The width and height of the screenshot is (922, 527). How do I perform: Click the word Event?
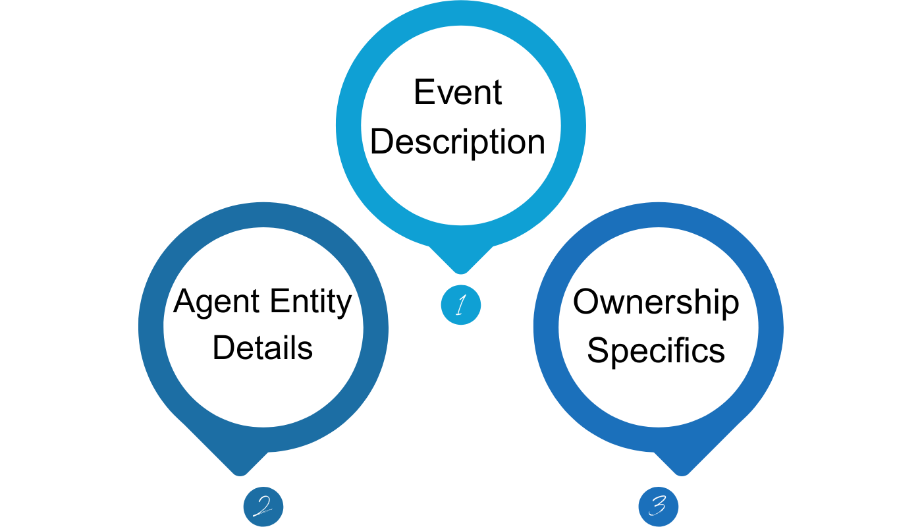pos(458,92)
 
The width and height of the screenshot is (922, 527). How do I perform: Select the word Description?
pos(458,142)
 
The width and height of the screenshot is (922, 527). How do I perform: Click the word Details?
pos(263,348)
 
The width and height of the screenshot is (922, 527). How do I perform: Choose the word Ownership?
pos(656,303)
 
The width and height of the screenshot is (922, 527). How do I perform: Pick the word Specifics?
pos(656,351)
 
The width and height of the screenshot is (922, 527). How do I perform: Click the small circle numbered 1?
pos(461,305)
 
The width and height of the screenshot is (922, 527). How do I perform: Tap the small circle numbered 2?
pos(263,506)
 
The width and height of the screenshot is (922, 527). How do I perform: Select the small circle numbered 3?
pos(658,506)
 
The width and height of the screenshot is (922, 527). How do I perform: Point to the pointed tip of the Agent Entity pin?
pos(240,472)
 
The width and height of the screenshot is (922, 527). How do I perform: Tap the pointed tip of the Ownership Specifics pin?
pos(682,472)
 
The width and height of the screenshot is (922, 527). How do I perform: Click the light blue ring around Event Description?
pos(349,125)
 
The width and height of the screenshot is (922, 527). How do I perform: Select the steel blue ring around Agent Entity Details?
pos(151,326)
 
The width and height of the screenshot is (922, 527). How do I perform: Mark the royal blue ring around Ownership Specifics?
pos(771,326)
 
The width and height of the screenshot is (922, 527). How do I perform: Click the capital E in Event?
pos(423,92)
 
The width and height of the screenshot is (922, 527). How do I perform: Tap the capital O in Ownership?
pos(585,303)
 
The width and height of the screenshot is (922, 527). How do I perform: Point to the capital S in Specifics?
pos(596,351)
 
